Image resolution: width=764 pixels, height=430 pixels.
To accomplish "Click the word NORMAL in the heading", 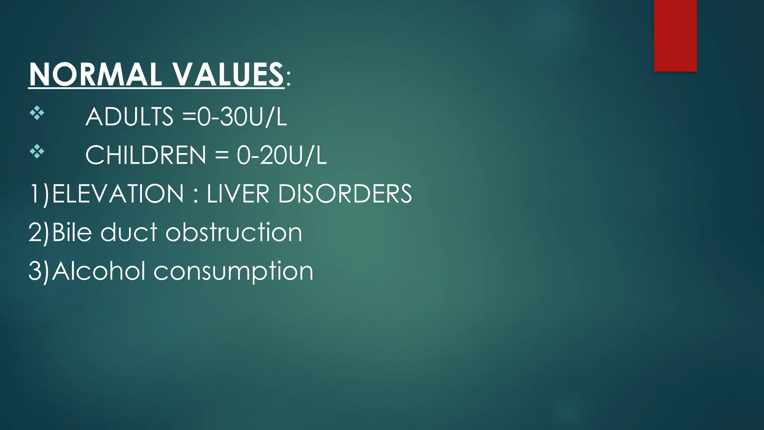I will (x=95, y=74).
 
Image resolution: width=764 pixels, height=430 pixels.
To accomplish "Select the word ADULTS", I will (x=129, y=116).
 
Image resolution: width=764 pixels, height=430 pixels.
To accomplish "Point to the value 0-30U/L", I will (x=242, y=116).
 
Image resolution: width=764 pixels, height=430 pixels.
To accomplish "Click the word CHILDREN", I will (x=145, y=155).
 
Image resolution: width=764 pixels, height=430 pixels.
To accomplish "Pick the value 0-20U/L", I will (x=282, y=155).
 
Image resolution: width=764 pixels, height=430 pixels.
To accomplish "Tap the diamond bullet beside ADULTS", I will (x=37, y=113).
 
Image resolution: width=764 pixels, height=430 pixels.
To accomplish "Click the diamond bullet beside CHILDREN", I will (x=37, y=152).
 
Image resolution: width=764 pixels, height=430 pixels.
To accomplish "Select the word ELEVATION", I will (x=118, y=194).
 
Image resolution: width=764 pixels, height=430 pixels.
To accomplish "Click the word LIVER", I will (x=238, y=194).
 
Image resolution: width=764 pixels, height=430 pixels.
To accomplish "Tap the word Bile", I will (x=72, y=232).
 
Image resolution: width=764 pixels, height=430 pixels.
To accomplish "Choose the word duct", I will (x=129, y=232).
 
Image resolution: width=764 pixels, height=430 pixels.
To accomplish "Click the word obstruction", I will (x=234, y=232).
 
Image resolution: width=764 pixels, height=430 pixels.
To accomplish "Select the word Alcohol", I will (x=98, y=271).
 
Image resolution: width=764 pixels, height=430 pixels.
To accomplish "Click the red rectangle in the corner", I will (x=675, y=35).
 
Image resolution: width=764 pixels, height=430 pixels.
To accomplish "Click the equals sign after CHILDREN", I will (x=222, y=155).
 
